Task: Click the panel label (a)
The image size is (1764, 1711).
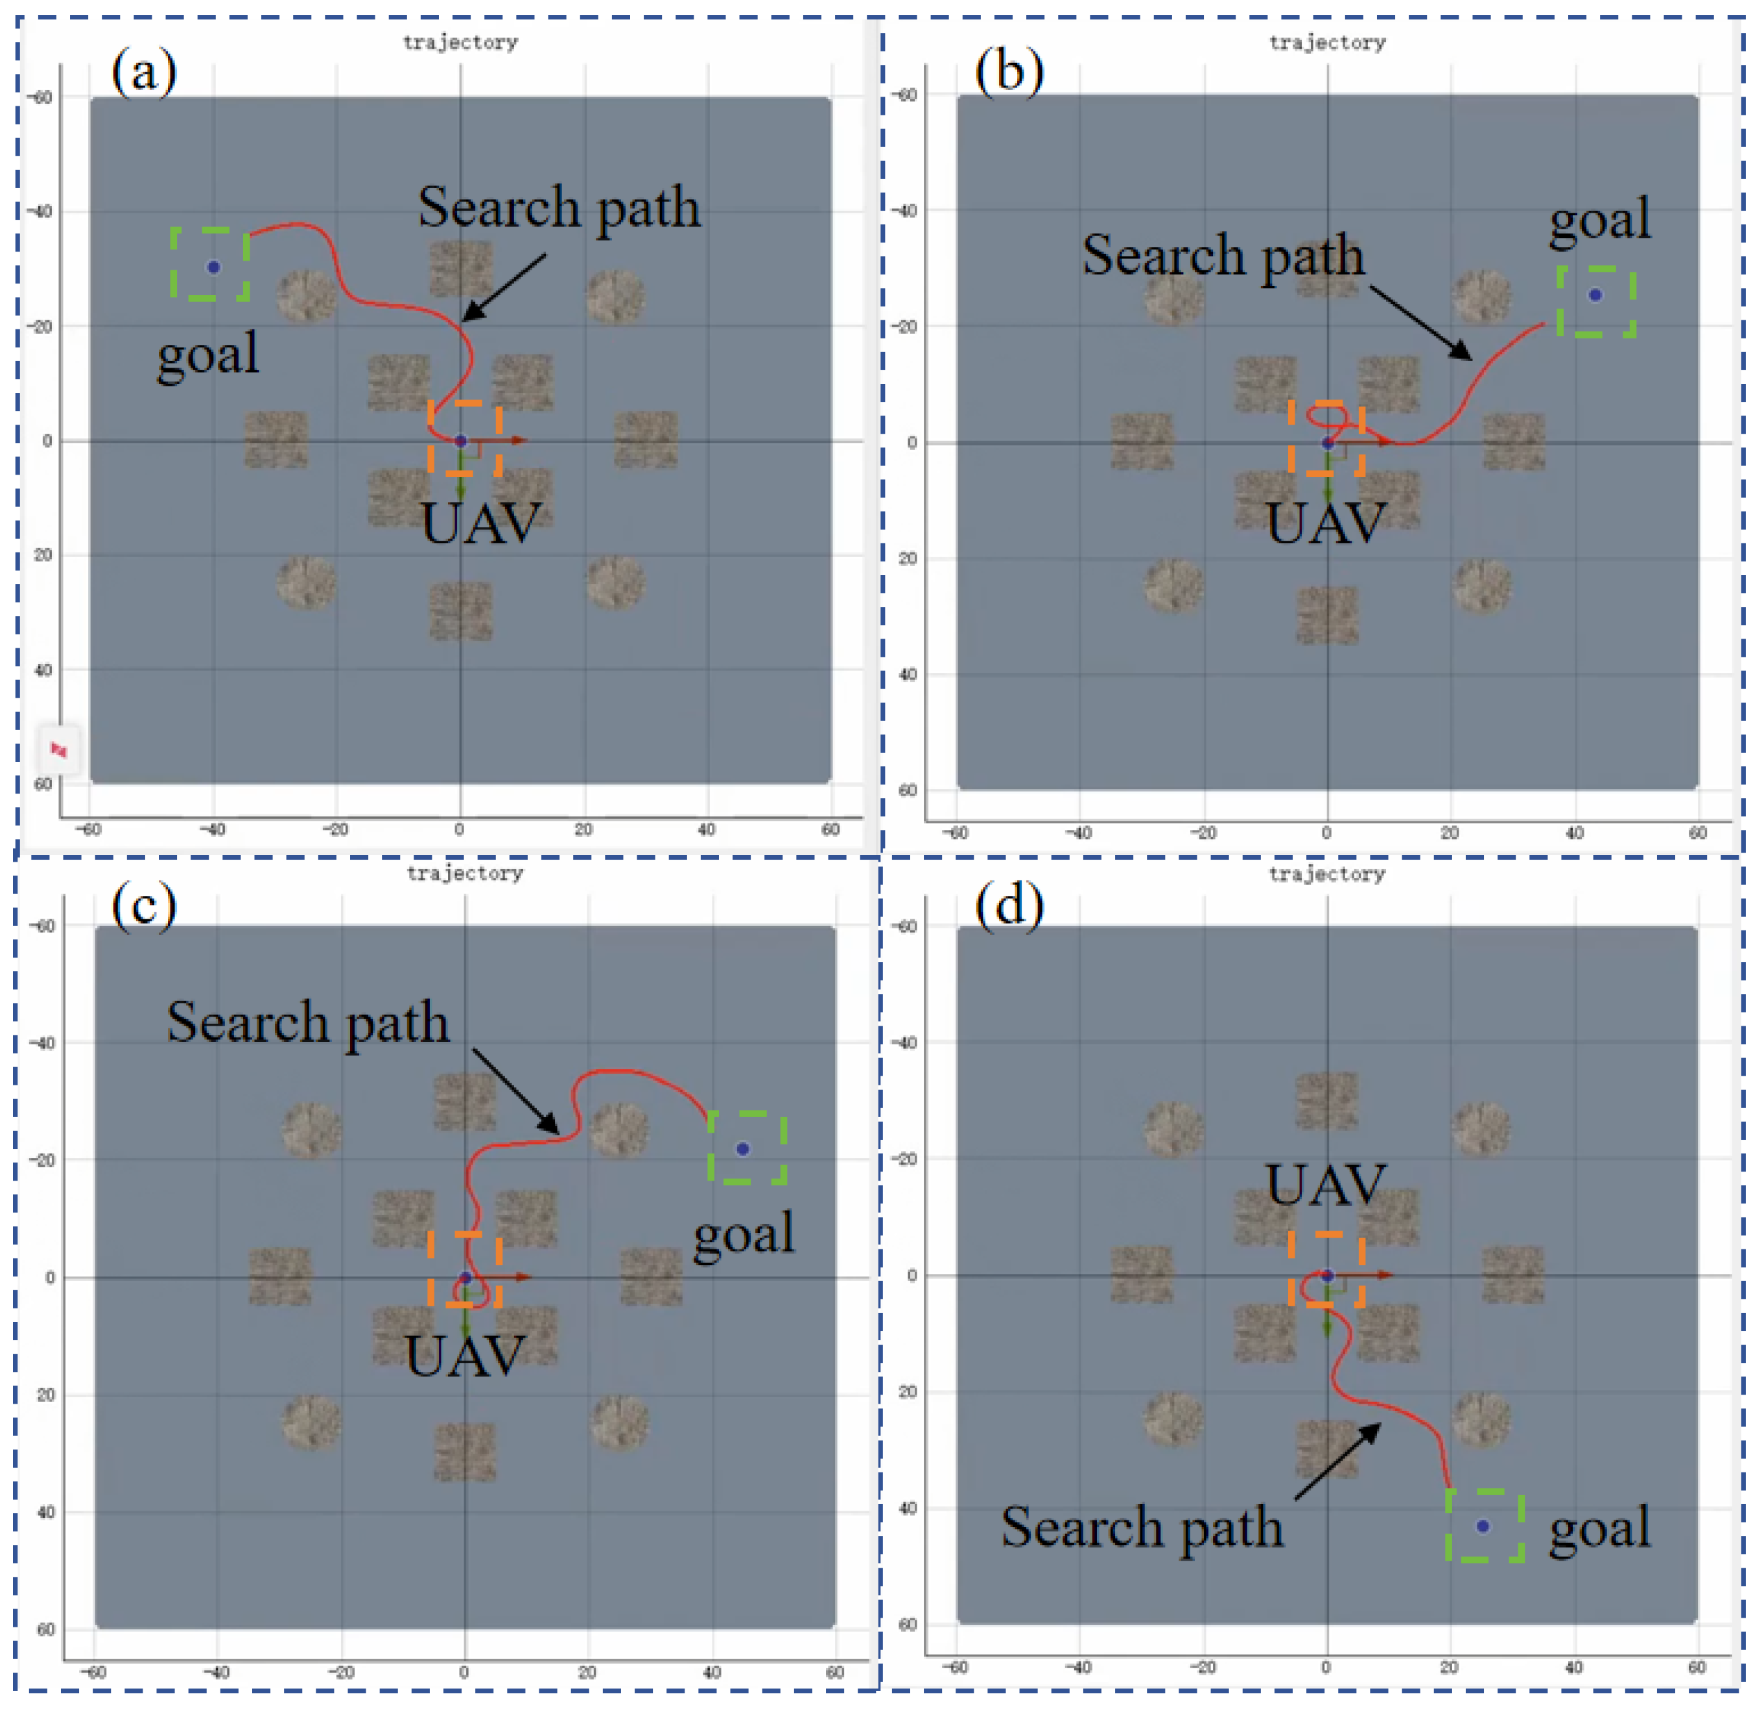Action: coord(144,72)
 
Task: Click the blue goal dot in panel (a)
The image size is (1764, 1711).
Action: coord(213,267)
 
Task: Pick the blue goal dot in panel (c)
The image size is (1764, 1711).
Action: coord(742,1150)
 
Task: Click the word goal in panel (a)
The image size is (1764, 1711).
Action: coord(208,355)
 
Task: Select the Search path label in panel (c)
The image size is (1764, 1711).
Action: coord(308,1023)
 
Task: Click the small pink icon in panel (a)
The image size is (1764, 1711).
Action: coord(58,749)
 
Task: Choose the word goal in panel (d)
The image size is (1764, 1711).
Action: coord(1599,1528)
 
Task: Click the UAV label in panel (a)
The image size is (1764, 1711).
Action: coord(482,524)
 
